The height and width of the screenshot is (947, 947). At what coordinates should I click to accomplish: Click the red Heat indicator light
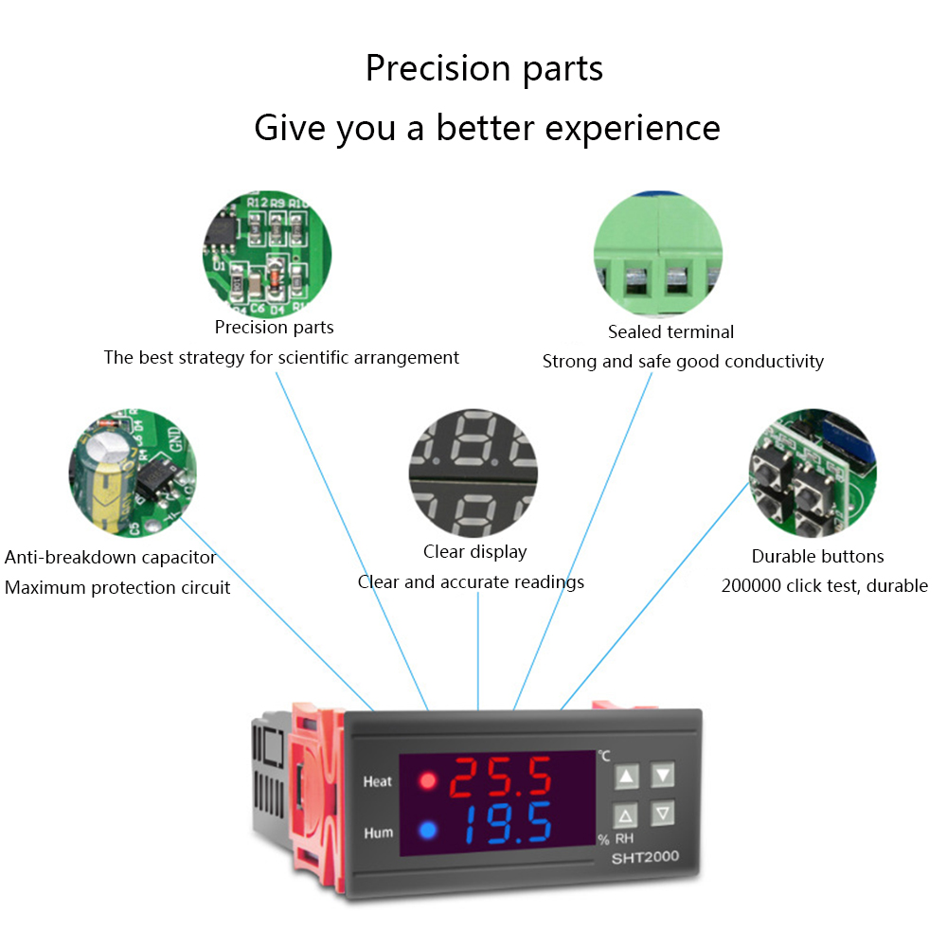427,781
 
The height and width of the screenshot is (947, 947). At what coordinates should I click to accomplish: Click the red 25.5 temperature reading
499,778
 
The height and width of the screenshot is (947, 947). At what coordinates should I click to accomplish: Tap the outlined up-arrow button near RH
625,815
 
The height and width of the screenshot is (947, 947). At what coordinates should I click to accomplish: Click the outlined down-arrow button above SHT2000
663,813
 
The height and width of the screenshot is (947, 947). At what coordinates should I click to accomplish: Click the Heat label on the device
377,782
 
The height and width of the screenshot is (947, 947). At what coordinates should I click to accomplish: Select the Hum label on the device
377,833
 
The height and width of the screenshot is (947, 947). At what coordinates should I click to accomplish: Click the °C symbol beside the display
603,756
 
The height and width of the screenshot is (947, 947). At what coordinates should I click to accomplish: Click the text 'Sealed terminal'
670,332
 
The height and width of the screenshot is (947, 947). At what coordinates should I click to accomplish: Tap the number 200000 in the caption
751,586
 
